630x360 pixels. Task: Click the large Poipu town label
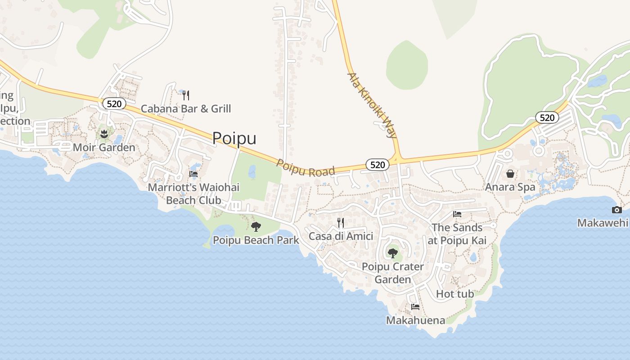pos(234,138)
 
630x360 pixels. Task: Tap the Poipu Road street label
pos(306,168)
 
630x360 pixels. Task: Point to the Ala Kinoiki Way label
pos(372,105)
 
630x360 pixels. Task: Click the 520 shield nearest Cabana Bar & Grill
pos(114,103)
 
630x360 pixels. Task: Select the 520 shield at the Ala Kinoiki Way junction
pos(377,165)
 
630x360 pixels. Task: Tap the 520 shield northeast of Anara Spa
pos(547,117)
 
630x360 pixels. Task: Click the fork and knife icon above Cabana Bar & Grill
pos(186,95)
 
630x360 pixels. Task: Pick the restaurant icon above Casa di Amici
pos(341,222)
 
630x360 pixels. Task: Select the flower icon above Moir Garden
pos(104,134)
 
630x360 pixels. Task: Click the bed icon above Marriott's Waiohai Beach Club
pos(193,174)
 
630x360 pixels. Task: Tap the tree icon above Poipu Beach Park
pos(256,226)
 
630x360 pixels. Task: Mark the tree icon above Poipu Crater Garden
pos(393,253)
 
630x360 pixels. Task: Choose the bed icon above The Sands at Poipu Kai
pos(457,214)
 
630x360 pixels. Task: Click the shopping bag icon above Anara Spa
pos(510,173)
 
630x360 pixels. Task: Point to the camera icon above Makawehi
pos(616,210)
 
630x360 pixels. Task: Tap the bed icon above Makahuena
pos(415,307)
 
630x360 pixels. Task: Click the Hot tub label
pos(455,294)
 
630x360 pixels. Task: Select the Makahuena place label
pos(415,320)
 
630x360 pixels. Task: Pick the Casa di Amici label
pos(341,236)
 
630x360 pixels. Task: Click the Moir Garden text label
pos(104,147)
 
